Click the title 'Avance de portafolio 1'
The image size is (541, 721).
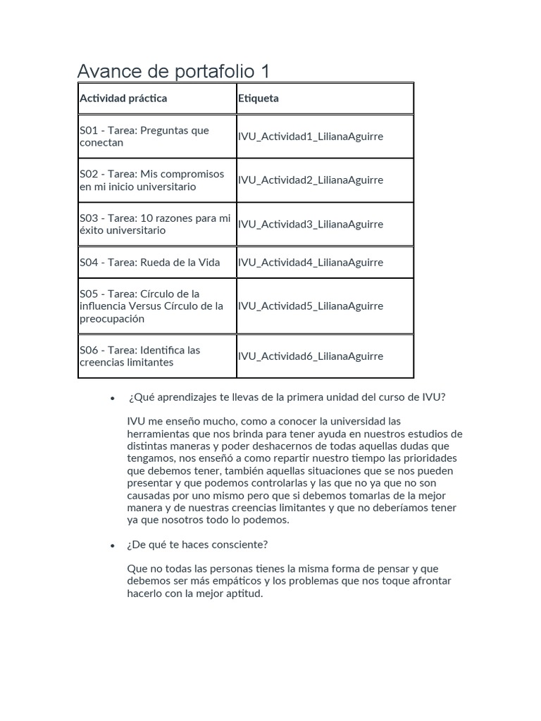173,71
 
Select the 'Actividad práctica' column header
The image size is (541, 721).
123,99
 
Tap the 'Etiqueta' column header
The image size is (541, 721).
259,99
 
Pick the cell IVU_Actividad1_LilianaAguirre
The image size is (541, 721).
311,137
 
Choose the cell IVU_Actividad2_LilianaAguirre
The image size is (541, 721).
311,180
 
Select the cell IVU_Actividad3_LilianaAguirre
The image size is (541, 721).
311,225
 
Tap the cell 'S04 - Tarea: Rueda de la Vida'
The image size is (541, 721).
150,263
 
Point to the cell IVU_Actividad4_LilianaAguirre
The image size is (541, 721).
311,263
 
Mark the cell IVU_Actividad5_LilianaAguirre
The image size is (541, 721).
311,306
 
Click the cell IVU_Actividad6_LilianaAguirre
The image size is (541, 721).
311,356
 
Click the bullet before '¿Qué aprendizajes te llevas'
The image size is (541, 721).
112,399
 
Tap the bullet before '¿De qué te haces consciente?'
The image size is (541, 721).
112,546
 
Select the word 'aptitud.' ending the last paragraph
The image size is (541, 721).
242,594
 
